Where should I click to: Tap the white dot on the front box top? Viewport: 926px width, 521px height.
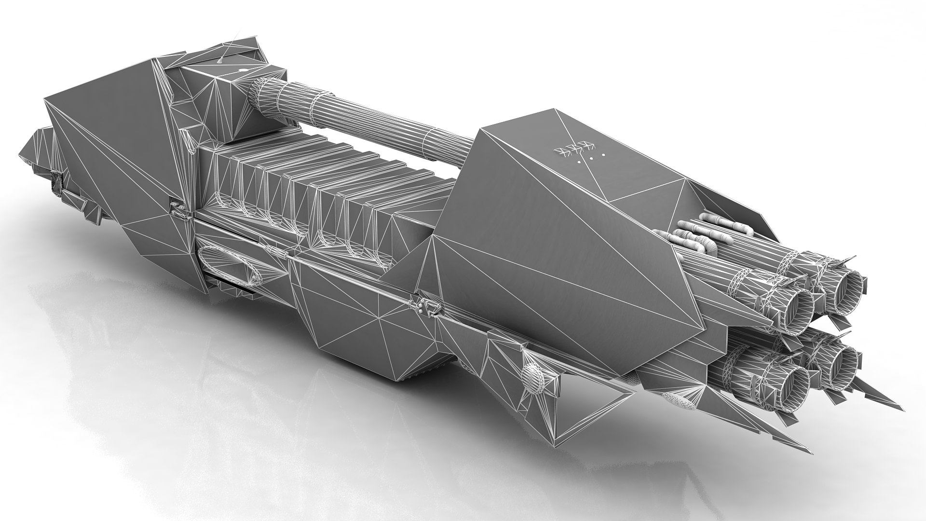(242, 71)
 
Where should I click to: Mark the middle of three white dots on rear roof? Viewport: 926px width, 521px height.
(589, 158)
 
